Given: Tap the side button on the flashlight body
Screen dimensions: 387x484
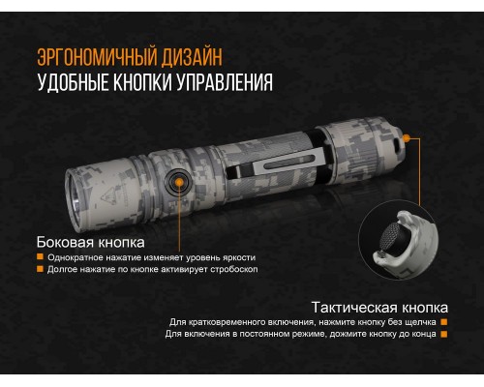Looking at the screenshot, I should (x=178, y=181).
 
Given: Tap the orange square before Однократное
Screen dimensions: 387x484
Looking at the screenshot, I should (x=40, y=257).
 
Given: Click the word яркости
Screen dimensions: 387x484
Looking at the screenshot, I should (x=233, y=257).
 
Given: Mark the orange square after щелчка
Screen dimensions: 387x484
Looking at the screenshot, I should (x=443, y=322).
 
